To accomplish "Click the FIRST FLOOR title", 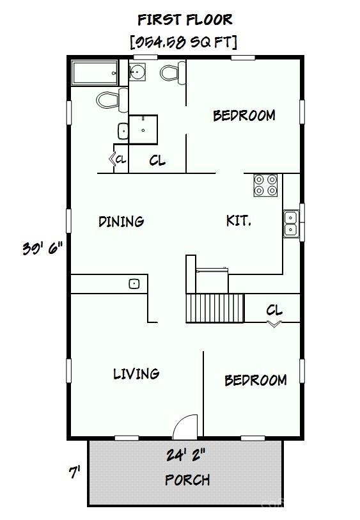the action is tap(185, 20).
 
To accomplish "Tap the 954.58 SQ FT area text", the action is tap(184, 42).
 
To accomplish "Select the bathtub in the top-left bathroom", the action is tap(95, 73).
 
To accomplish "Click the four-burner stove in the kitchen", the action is tap(265, 185).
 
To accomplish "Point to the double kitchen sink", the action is tap(291, 224).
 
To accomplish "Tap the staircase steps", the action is tap(215, 308).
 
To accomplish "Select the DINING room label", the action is tap(121, 221).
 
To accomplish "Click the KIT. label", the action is tap(239, 221).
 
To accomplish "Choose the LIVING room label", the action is tap(136, 374).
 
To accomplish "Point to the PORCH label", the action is tap(187, 480).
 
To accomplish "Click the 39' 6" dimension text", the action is tap(43, 248).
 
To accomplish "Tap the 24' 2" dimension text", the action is tap(186, 454).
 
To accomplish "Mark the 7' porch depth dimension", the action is tap(75, 472).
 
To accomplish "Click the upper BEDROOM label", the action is tap(244, 115).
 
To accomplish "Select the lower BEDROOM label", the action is tap(256, 380).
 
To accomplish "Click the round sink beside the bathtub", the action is tap(137, 71).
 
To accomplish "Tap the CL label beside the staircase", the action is tap(274, 310).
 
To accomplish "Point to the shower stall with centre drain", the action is tap(143, 129).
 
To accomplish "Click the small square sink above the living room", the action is tap(134, 284).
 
